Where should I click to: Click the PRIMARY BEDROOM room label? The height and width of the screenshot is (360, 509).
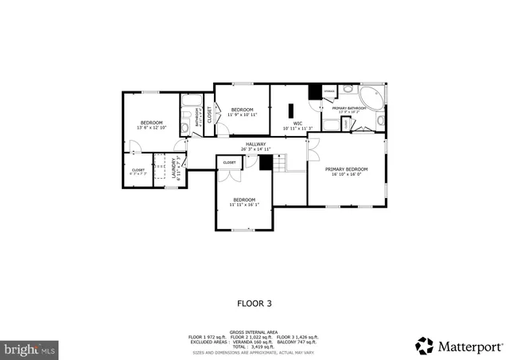[346, 168]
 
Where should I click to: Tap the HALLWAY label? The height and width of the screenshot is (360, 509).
[256, 144]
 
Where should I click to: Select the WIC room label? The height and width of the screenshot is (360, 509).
[297, 123]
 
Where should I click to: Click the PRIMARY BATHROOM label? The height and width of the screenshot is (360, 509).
[349, 108]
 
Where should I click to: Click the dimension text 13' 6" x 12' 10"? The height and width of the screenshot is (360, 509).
[151, 127]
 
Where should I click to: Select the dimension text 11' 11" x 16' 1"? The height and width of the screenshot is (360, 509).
[244, 204]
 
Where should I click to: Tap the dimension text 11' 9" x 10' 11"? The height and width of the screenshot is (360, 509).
[241, 114]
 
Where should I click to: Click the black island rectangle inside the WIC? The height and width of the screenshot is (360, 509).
[292, 110]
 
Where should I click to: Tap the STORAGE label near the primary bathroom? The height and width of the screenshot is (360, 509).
[329, 91]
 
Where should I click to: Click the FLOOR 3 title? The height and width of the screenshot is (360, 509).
[254, 303]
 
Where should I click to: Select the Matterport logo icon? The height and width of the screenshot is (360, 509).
[424, 346]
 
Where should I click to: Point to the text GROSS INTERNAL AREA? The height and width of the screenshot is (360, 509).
[254, 331]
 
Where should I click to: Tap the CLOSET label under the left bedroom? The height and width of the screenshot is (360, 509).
[138, 169]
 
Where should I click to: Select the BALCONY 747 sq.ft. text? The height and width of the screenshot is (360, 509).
[301, 342]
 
